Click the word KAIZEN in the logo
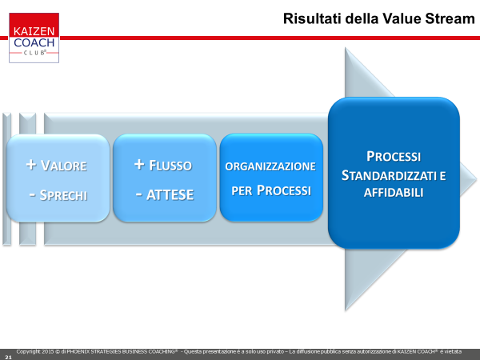[34, 31]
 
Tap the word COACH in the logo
[34, 42]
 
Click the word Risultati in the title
[312, 18]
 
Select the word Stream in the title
[450, 18]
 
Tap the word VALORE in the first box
[64, 166]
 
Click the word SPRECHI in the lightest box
[64, 195]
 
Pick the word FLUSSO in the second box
[170, 166]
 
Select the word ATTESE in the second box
[170, 194]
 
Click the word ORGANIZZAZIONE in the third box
[270, 166]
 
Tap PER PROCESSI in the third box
[271, 190]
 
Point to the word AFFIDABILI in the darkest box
[394, 193]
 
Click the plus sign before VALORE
[31, 165]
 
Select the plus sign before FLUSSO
[139, 164]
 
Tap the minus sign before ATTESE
[139, 194]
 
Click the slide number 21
[8, 357]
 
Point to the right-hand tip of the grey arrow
[476, 179]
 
